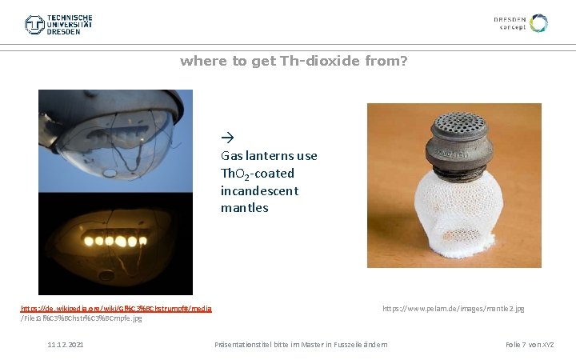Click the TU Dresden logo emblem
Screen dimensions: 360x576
click(34, 25)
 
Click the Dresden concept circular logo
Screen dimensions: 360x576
click(539, 23)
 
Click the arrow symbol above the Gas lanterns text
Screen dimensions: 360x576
click(226, 138)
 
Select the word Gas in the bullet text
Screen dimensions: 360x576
click(230, 156)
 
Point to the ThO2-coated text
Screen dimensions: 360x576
click(257, 174)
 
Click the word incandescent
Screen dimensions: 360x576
click(259, 190)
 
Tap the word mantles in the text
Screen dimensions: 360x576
click(244, 208)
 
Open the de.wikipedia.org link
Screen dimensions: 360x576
click(115, 308)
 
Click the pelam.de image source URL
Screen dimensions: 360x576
click(453, 308)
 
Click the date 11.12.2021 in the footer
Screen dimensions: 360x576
click(66, 345)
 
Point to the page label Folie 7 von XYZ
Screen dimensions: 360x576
click(529, 345)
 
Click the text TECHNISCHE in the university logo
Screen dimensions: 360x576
click(70, 18)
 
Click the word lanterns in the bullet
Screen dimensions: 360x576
click(269, 156)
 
